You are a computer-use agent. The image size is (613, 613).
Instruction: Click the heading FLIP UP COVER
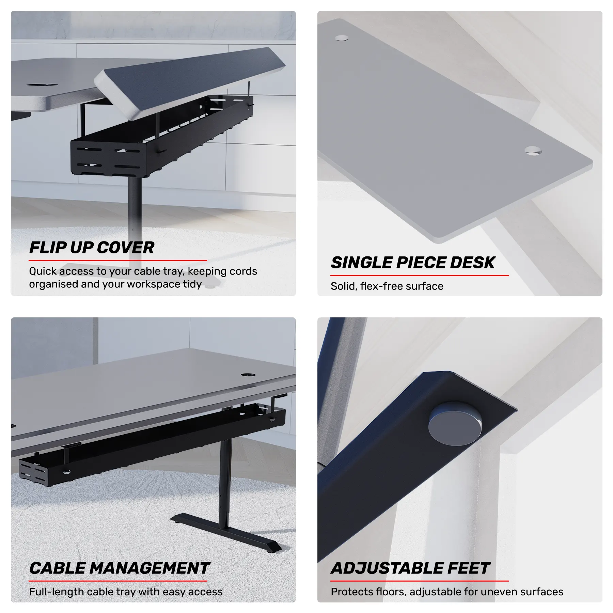pos(92,248)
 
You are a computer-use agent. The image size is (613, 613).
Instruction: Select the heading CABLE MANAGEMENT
pos(119,568)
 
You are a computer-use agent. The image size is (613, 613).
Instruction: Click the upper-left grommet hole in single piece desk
pos(342,37)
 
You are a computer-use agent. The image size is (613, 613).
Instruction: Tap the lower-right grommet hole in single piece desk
pos(533,150)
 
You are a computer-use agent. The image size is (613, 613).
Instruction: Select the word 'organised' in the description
pos(53,284)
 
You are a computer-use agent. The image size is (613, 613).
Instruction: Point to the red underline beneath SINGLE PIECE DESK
pos(420,275)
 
